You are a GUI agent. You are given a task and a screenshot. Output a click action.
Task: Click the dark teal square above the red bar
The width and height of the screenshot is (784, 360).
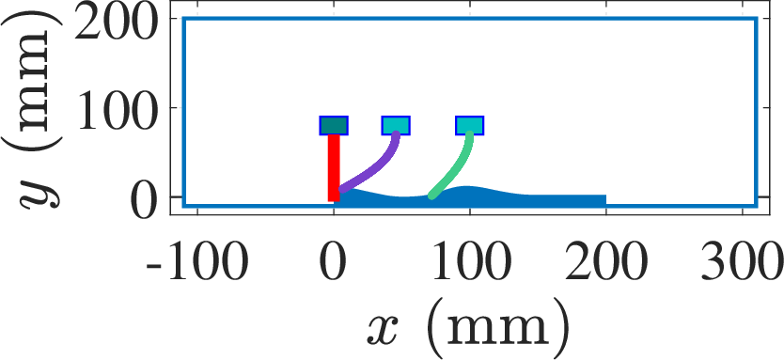tap(334, 125)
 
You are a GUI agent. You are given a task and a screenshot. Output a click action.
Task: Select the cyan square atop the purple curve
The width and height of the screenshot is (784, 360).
tap(396, 125)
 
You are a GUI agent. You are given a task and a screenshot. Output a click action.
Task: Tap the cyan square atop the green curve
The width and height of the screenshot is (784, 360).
tap(470, 125)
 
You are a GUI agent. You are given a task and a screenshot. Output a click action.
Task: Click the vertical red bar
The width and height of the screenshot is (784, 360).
tap(334, 168)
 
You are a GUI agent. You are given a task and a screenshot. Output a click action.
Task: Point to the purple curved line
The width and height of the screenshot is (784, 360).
tap(378, 167)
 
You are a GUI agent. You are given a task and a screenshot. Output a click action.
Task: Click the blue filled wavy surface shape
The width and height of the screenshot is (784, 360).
tap(470, 197)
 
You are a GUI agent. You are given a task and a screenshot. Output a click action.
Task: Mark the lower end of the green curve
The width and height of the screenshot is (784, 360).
tap(431, 196)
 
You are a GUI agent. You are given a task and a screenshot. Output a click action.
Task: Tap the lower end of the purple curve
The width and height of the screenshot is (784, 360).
tap(342, 189)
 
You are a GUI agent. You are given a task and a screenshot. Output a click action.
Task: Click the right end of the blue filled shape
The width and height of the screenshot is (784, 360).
tap(606, 200)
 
